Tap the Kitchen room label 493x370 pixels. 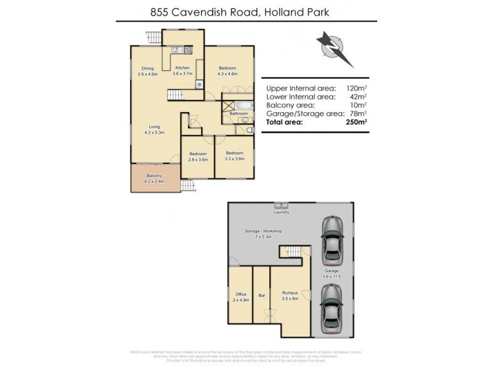[x=182, y=68]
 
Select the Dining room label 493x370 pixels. [x=148, y=68]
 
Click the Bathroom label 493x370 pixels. [x=238, y=113]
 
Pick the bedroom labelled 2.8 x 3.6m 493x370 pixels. [x=197, y=153]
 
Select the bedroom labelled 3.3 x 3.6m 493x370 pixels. [x=234, y=152]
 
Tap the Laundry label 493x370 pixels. [x=282, y=212]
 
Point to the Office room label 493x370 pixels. [x=240, y=294]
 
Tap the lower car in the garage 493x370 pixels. [x=332, y=308]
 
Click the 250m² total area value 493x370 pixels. [x=357, y=122]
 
